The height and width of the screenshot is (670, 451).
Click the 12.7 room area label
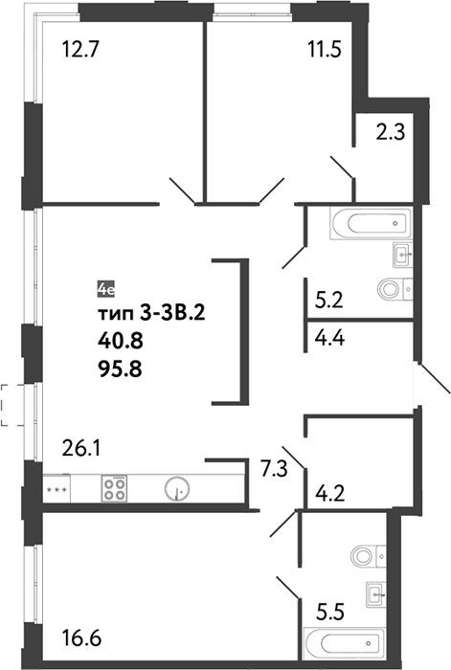(x=80, y=49)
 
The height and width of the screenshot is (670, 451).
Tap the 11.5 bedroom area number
(x=325, y=49)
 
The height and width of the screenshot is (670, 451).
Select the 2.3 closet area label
(x=391, y=132)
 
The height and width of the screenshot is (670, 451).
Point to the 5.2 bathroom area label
(x=328, y=301)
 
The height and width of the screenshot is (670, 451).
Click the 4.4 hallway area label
(x=329, y=338)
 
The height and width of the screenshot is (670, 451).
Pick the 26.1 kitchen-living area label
(x=81, y=448)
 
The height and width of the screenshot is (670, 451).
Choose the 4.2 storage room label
(x=329, y=494)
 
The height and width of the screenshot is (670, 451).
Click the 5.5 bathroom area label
(x=330, y=612)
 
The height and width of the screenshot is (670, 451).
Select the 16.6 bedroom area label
(x=81, y=639)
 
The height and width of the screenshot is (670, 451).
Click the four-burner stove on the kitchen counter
(x=114, y=488)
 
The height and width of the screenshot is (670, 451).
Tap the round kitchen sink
(x=178, y=488)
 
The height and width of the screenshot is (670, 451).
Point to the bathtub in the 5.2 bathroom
(x=371, y=223)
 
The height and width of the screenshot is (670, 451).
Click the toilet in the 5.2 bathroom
(x=395, y=289)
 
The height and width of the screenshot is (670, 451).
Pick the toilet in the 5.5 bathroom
(x=368, y=556)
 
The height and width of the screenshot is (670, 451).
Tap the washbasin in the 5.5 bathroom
(x=375, y=594)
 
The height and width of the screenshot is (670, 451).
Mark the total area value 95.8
(x=120, y=369)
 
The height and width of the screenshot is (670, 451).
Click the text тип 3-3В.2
(x=152, y=314)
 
